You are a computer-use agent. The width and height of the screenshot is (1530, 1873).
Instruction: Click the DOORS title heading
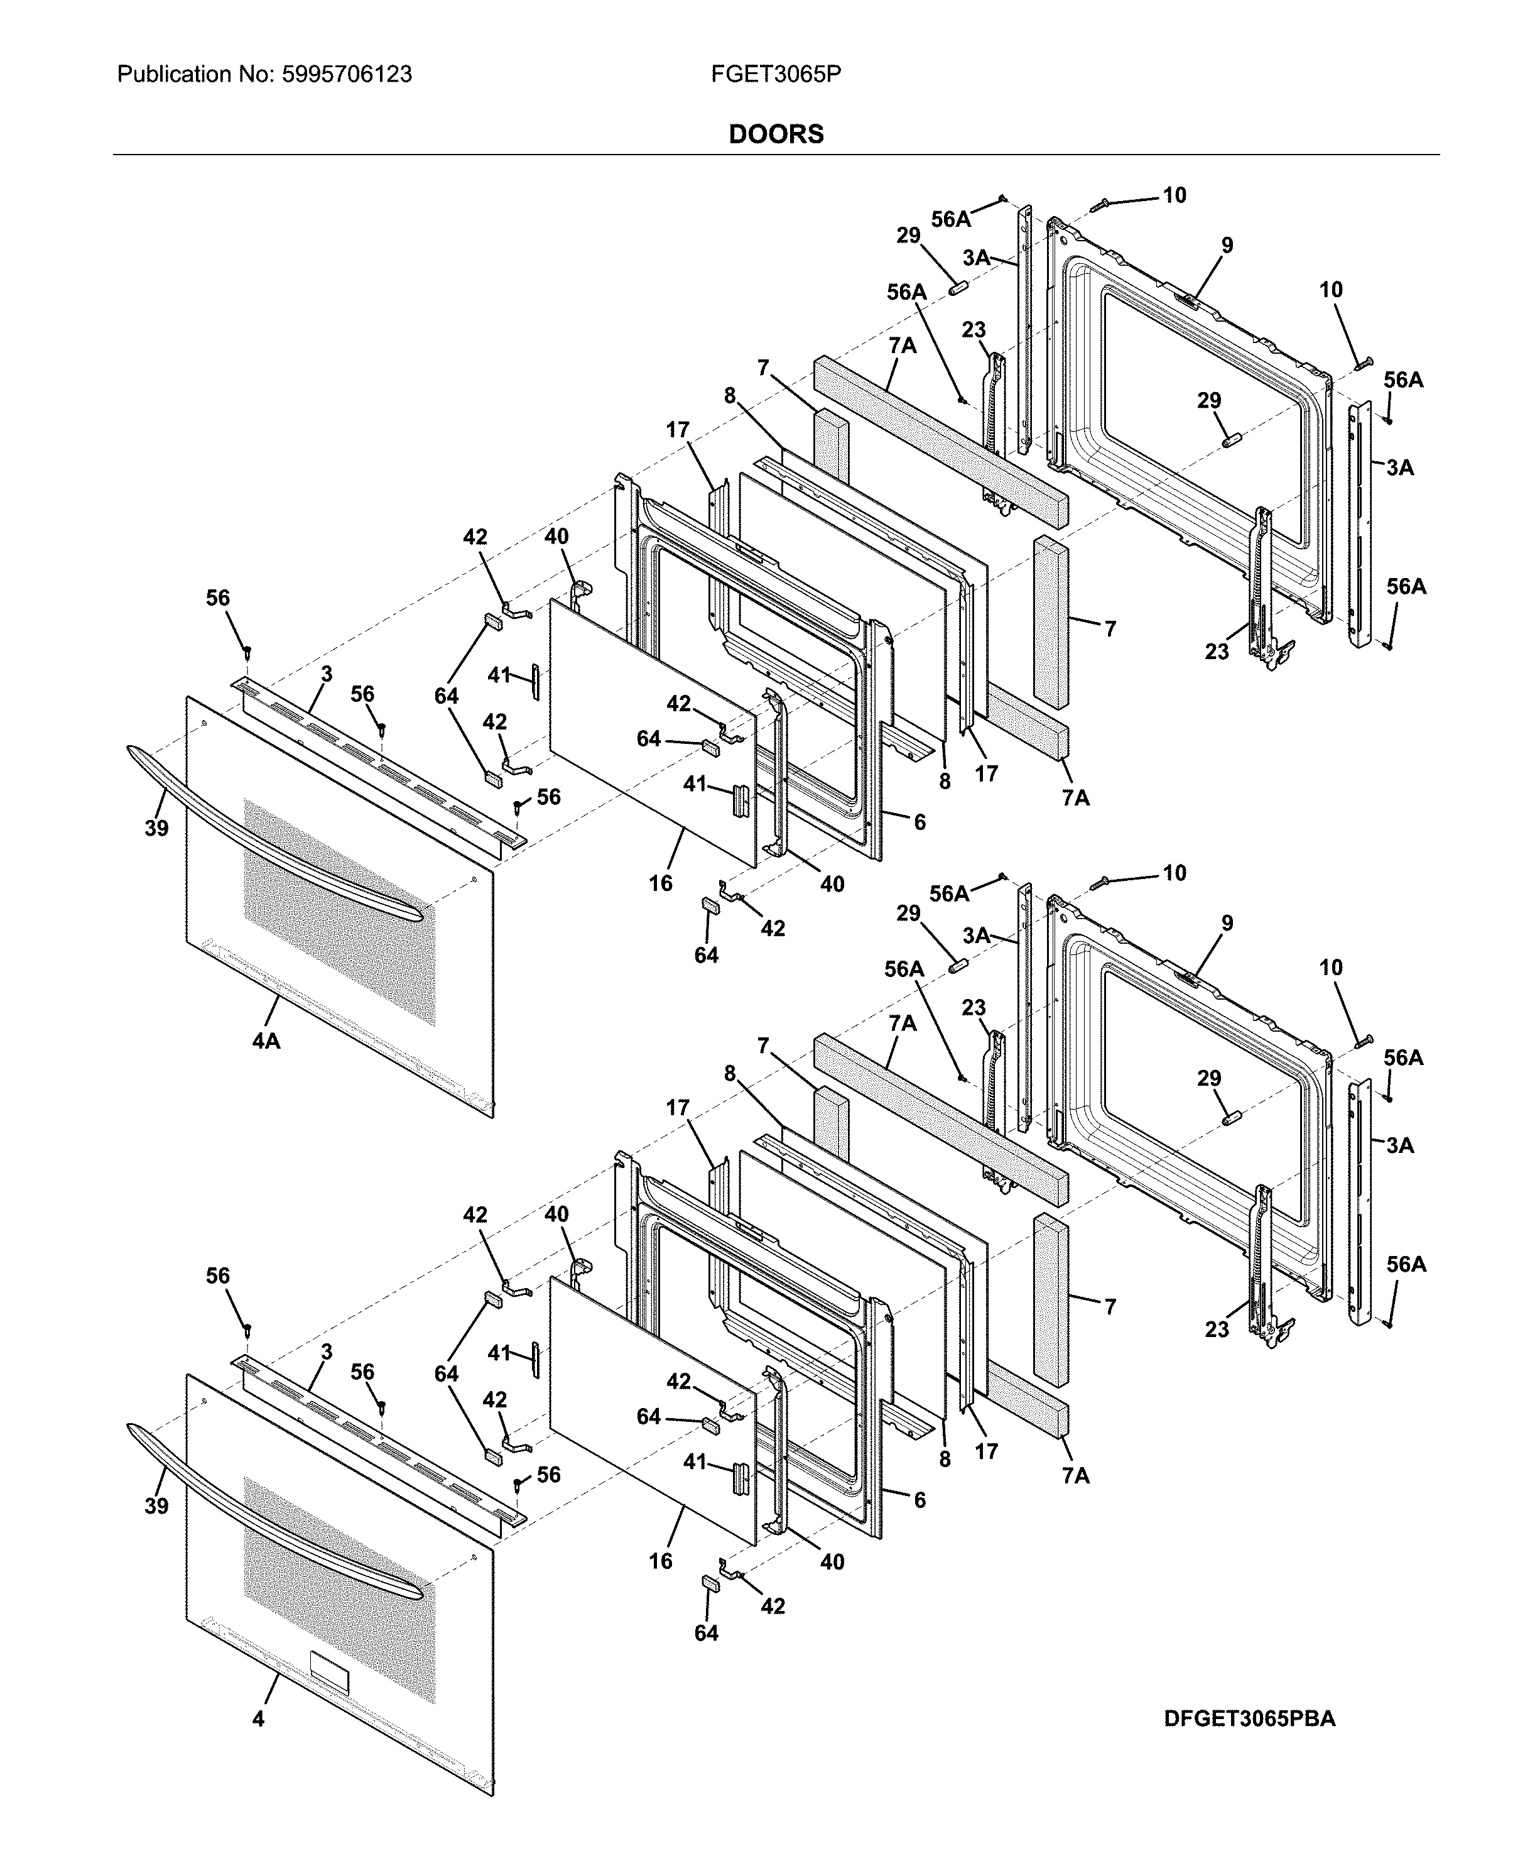point(776,134)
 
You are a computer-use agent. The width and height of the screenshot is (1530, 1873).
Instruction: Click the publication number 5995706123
point(346,74)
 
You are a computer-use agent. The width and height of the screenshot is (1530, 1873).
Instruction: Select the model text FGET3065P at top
point(776,74)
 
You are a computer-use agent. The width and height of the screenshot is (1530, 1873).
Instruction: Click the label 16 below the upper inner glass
point(661,883)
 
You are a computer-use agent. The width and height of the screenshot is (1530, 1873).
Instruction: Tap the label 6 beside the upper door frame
point(920,822)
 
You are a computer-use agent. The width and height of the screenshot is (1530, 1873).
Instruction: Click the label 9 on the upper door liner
point(1227,246)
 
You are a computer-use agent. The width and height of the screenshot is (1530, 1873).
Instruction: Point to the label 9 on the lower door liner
point(1227,924)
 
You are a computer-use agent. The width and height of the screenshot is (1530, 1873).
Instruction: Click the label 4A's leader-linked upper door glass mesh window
point(339,912)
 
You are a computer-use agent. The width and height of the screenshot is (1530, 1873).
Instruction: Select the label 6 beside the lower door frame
point(920,1500)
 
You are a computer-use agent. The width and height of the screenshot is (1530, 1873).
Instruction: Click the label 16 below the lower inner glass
point(661,1561)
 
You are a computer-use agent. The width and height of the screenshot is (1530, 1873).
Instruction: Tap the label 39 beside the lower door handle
point(157,1505)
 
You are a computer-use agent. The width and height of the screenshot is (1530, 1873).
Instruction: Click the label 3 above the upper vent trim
point(326,674)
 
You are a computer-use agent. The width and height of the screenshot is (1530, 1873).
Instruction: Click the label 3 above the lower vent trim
point(326,1352)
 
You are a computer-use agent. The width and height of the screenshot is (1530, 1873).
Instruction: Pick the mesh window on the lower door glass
point(339,1586)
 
